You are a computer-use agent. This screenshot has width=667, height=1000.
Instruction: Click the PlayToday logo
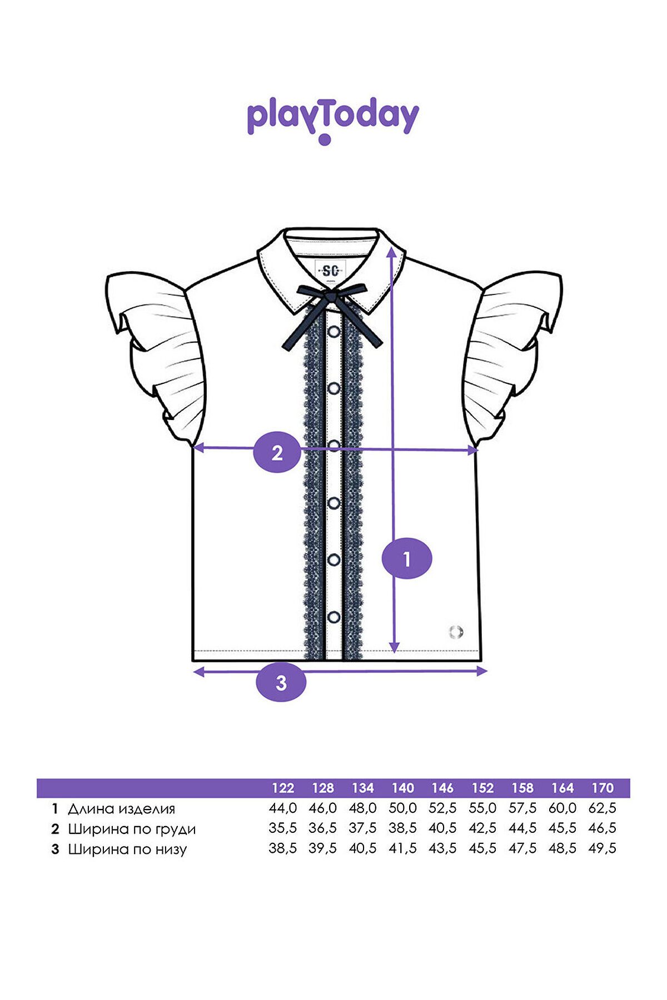tap(332, 121)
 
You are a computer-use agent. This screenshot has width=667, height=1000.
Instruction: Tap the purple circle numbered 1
tap(407, 558)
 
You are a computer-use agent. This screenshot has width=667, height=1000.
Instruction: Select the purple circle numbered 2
tap(277, 452)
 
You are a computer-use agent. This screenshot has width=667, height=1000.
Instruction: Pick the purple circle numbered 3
tap(281, 682)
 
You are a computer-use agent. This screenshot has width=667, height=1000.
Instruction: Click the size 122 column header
tap(283, 788)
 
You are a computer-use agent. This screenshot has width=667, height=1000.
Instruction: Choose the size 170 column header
tap(603, 788)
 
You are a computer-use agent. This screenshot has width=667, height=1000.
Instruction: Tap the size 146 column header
tap(442, 788)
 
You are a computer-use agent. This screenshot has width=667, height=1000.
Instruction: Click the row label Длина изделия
tap(121, 809)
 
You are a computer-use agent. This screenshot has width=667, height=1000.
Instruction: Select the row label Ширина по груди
tap(132, 829)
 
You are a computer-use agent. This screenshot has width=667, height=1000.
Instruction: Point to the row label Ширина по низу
tap(127, 849)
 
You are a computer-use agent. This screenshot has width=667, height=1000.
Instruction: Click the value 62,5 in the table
tap(603, 808)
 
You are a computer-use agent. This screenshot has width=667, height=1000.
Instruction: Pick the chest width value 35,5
tap(283, 828)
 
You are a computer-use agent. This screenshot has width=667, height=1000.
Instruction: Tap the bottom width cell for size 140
tap(402, 848)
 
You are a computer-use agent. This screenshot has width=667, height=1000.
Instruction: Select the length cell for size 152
tap(482, 808)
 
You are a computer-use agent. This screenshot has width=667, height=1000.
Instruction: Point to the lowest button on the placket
tap(334, 617)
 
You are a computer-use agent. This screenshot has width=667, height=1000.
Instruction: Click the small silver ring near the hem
tap(456, 632)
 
